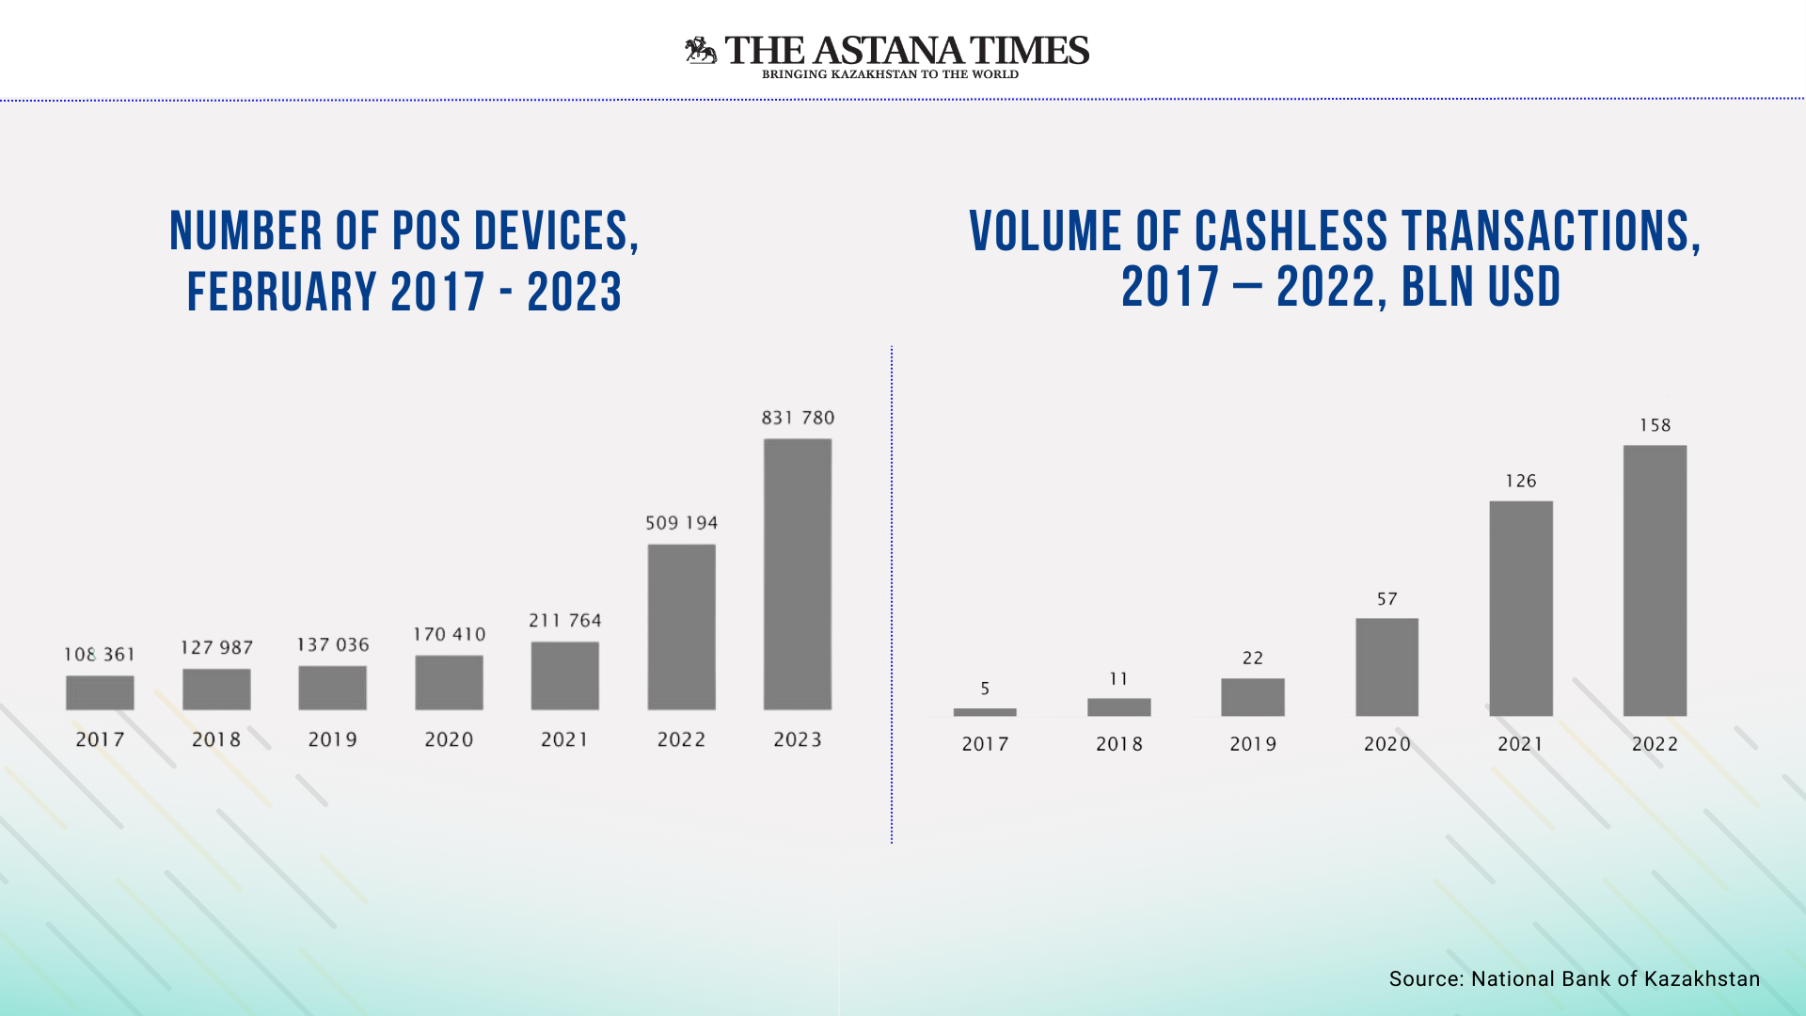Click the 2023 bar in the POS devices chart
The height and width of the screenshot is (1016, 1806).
click(798, 574)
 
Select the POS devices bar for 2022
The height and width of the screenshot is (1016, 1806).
click(681, 627)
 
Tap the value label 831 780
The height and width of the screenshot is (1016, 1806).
click(798, 418)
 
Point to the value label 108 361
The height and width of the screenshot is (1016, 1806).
click(100, 655)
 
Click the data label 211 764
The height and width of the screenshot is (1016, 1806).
click(564, 621)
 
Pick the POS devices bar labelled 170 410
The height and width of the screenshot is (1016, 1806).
click(449, 682)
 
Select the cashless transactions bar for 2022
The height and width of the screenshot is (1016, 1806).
click(1655, 580)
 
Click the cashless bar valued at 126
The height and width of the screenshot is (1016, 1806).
click(1521, 608)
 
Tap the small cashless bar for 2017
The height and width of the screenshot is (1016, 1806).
click(985, 712)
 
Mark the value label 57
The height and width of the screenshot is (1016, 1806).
click(1386, 599)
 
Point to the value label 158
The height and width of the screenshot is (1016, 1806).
click(1655, 425)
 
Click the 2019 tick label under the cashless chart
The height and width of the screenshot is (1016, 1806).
click(1253, 744)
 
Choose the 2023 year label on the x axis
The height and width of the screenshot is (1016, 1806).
click(798, 740)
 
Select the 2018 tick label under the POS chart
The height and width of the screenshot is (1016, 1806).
click(216, 740)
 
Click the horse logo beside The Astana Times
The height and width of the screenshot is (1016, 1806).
click(701, 51)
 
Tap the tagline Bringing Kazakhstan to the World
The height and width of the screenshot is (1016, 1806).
click(890, 74)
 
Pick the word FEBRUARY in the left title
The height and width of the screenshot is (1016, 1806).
click(282, 293)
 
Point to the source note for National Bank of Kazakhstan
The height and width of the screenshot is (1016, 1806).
click(1574, 979)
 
